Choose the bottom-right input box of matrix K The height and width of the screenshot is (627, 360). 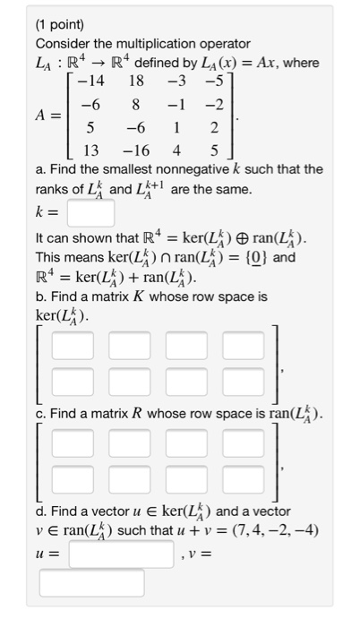click(238, 382)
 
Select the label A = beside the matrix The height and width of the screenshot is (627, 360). click(49, 116)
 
